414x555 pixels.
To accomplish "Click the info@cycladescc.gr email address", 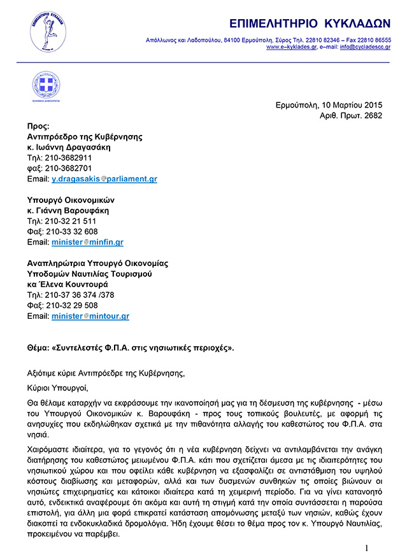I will (365, 47).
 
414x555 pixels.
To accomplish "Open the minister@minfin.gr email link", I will (87, 242).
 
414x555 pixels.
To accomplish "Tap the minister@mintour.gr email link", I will (90, 316).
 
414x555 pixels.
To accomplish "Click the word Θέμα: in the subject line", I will (39, 348).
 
